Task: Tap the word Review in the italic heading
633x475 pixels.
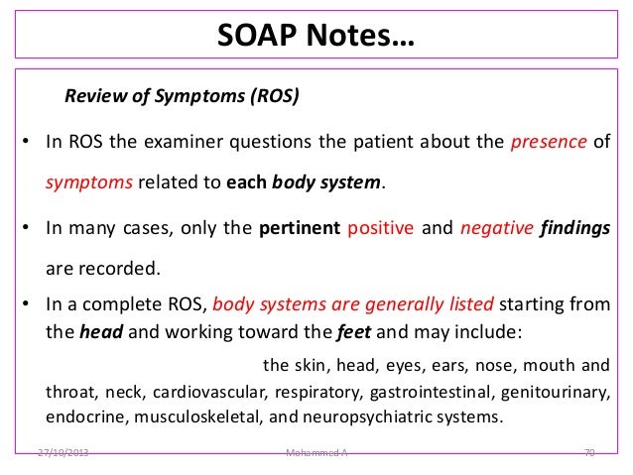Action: [x=92, y=97]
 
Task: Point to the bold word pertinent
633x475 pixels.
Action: [x=299, y=227]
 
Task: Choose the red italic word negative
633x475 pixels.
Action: [x=493, y=227]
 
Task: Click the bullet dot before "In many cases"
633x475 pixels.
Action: [x=26, y=227]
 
